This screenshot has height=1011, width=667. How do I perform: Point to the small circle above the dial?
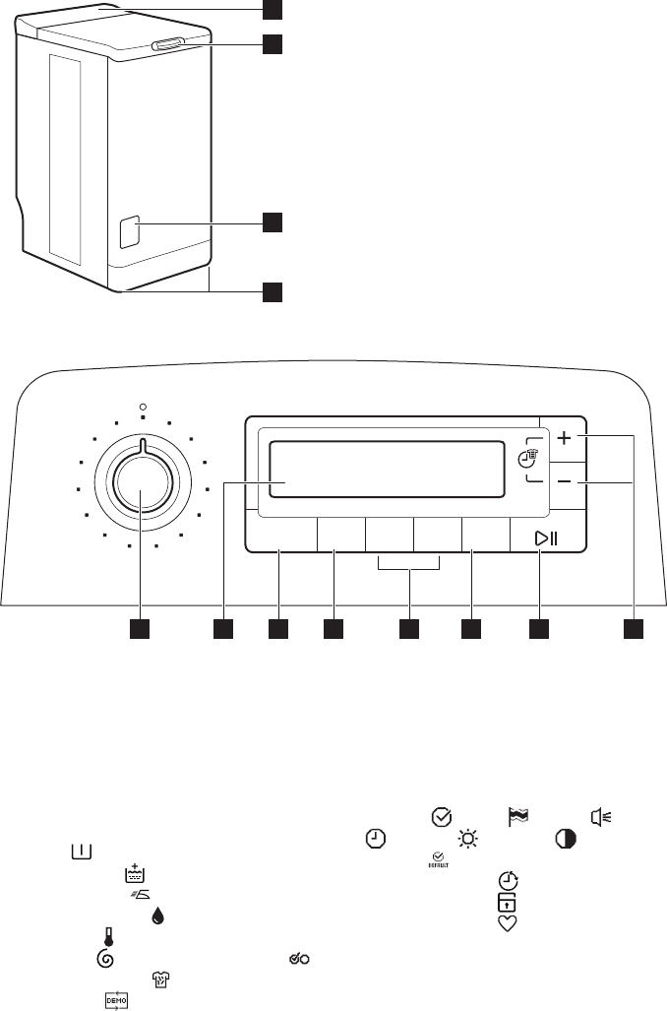[143, 406]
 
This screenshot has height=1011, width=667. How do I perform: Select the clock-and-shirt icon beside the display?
[533, 458]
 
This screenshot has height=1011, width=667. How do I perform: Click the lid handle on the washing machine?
[168, 43]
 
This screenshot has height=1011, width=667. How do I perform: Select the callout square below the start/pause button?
[539, 626]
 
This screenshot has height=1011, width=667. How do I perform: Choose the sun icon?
[466, 840]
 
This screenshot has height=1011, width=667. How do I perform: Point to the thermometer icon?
[108, 937]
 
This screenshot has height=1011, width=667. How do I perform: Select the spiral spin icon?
[108, 959]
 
